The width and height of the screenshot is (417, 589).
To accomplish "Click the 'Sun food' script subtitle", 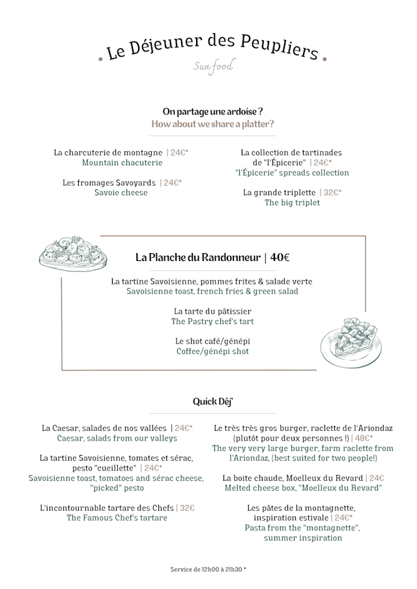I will pyautogui.click(x=213, y=66).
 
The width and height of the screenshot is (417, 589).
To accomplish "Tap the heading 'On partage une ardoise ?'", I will pyautogui.click(x=212, y=111).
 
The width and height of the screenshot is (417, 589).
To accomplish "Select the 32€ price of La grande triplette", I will pyautogui.click(x=332, y=193).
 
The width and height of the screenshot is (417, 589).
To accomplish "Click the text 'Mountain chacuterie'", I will pyautogui.click(x=122, y=163).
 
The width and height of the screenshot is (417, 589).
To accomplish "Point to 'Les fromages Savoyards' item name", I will pyautogui.click(x=109, y=183).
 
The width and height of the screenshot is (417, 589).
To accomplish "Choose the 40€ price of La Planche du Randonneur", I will pyautogui.click(x=280, y=257).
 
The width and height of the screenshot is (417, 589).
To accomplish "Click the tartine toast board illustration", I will pyautogui.click(x=72, y=253).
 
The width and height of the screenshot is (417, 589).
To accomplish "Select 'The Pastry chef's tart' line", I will pyautogui.click(x=212, y=322).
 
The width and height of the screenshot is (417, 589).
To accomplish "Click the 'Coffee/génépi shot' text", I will pyautogui.click(x=212, y=351).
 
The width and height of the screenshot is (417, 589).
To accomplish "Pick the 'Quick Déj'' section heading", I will pyautogui.click(x=212, y=402).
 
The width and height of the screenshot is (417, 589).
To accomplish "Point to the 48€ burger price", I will pyautogui.click(x=364, y=439).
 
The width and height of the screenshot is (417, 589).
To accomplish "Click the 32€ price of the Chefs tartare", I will pyautogui.click(x=186, y=508).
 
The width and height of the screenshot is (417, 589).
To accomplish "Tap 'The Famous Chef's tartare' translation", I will pyautogui.click(x=117, y=518).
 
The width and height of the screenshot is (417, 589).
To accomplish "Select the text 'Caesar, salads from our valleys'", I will pyautogui.click(x=117, y=439).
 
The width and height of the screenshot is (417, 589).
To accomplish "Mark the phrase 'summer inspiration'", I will pyautogui.click(x=302, y=538).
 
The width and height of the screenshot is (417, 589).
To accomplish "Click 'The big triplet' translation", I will pyautogui.click(x=292, y=203).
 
